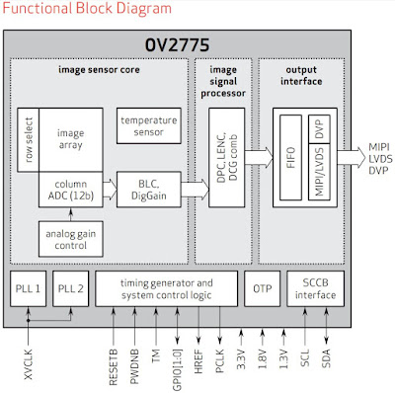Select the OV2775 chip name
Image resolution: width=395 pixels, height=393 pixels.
196,44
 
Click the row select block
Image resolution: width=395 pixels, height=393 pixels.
28,137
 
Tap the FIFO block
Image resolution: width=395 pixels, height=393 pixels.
288,156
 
